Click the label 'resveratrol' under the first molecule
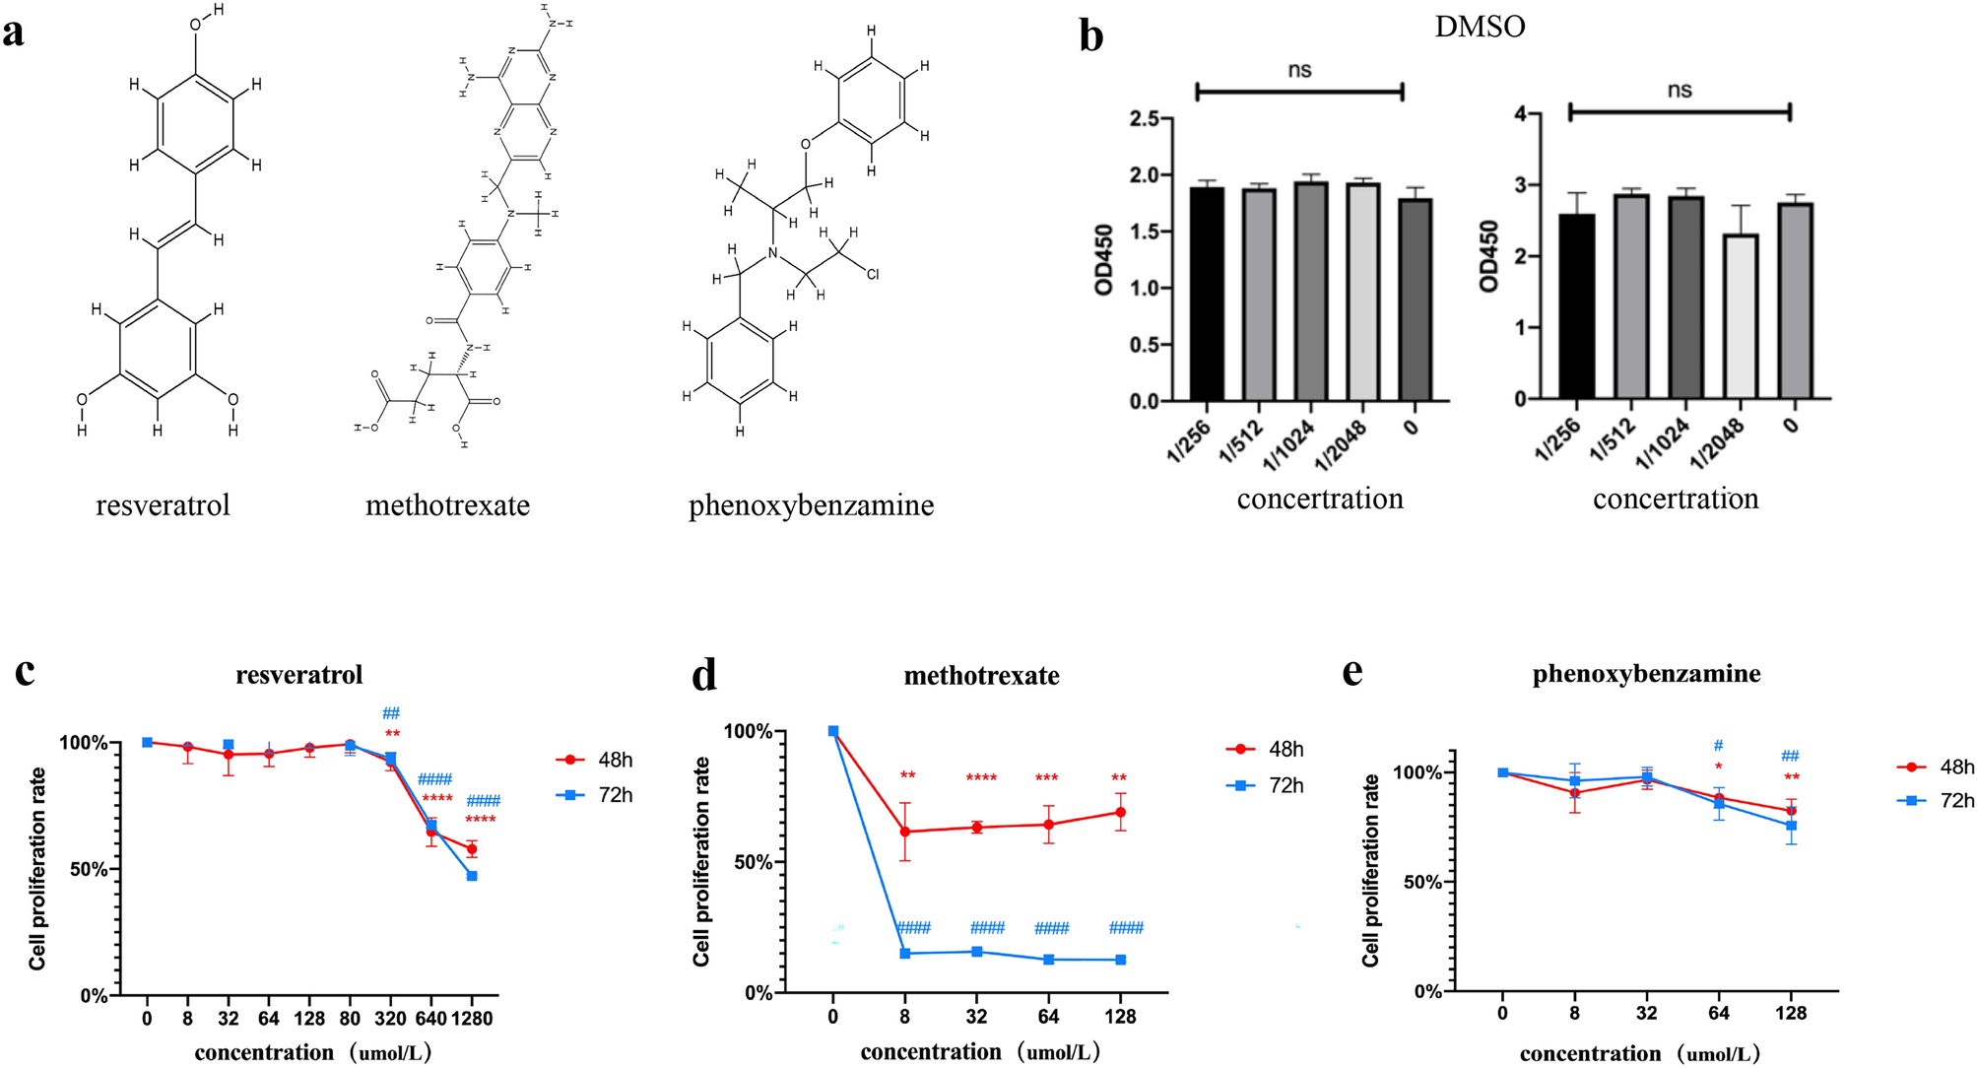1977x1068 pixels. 163,505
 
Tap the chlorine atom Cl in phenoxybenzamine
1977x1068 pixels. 872,275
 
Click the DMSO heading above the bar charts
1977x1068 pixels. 1479,27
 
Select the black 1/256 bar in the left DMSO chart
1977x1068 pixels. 1207,294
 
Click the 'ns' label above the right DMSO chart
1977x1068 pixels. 1679,91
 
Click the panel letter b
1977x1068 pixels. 1090,36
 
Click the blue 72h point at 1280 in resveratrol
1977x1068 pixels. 472,876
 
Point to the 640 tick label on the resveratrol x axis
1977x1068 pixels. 430,1019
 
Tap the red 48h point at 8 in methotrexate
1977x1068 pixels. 905,832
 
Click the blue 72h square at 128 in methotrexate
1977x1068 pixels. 1121,960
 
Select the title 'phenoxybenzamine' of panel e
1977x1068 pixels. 1646,674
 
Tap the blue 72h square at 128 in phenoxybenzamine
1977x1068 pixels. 1791,826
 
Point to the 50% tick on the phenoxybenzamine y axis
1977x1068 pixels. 1422,882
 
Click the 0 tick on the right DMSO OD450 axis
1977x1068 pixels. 1519,399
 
